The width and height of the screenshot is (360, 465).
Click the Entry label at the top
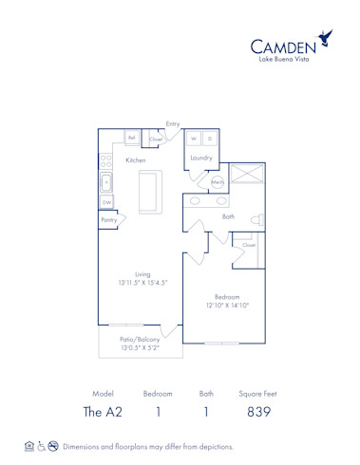[173, 123]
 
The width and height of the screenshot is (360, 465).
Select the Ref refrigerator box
[133, 139]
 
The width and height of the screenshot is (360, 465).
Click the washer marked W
[193, 139]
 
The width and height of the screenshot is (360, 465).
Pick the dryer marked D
[210, 139]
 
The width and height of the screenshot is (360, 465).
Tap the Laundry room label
[200, 158]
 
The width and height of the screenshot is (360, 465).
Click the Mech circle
[218, 181]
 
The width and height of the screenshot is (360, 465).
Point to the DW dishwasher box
[107, 201]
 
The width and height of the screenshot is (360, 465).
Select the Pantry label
[109, 220]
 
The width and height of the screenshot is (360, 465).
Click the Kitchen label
[137, 160]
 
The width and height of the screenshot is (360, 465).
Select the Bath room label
[228, 216]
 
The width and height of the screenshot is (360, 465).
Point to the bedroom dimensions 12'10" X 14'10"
[227, 306]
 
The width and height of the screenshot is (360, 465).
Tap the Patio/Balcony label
[138, 339]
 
